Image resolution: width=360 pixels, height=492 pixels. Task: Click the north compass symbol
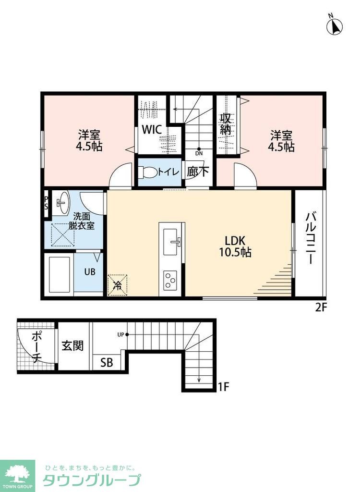[x=334, y=25]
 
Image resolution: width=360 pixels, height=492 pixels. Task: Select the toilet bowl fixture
[x=148, y=172]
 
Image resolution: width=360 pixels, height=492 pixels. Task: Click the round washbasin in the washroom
[x=63, y=202]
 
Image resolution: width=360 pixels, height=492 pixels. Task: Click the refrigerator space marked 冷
[x=117, y=285]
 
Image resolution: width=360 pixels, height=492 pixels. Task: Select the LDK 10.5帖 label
[x=235, y=246]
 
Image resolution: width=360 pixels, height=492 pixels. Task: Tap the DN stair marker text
[x=199, y=153]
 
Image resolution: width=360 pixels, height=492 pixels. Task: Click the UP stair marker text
[x=121, y=335]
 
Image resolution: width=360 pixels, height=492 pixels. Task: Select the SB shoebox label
[x=107, y=362]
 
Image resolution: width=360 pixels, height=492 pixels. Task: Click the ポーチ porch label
[x=36, y=347]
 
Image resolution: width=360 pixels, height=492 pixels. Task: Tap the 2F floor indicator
[x=321, y=307]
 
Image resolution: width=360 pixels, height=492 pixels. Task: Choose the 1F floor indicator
[x=224, y=387]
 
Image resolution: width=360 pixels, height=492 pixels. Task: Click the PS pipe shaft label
[x=47, y=203]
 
